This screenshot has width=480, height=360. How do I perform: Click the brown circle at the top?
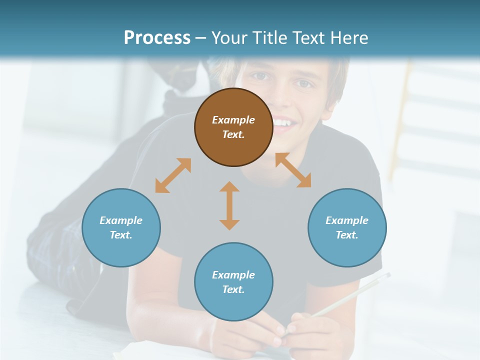(x=233, y=127)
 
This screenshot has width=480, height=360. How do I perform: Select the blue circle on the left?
(x=121, y=227)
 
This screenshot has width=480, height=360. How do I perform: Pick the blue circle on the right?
(x=347, y=227)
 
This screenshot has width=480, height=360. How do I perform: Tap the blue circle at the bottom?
(x=233, y=282)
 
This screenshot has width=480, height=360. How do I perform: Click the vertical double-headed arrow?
(x=229, y=205)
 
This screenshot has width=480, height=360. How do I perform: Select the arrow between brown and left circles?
(x=173, y=175)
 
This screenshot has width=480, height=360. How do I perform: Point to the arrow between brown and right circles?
(x=293, y=170)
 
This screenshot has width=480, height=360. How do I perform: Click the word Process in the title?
(x=157, y=37)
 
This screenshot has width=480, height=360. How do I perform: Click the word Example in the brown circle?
(x=233, y=120)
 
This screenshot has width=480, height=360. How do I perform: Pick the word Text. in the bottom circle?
(x=233, y=289)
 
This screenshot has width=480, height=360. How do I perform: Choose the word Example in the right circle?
(x=347, y=220)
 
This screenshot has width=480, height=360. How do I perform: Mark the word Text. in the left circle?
(x=121, y=235)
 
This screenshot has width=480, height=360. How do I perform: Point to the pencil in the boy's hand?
(x=350, y=295)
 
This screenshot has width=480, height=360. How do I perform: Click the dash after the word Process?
(x=200, y=38)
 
